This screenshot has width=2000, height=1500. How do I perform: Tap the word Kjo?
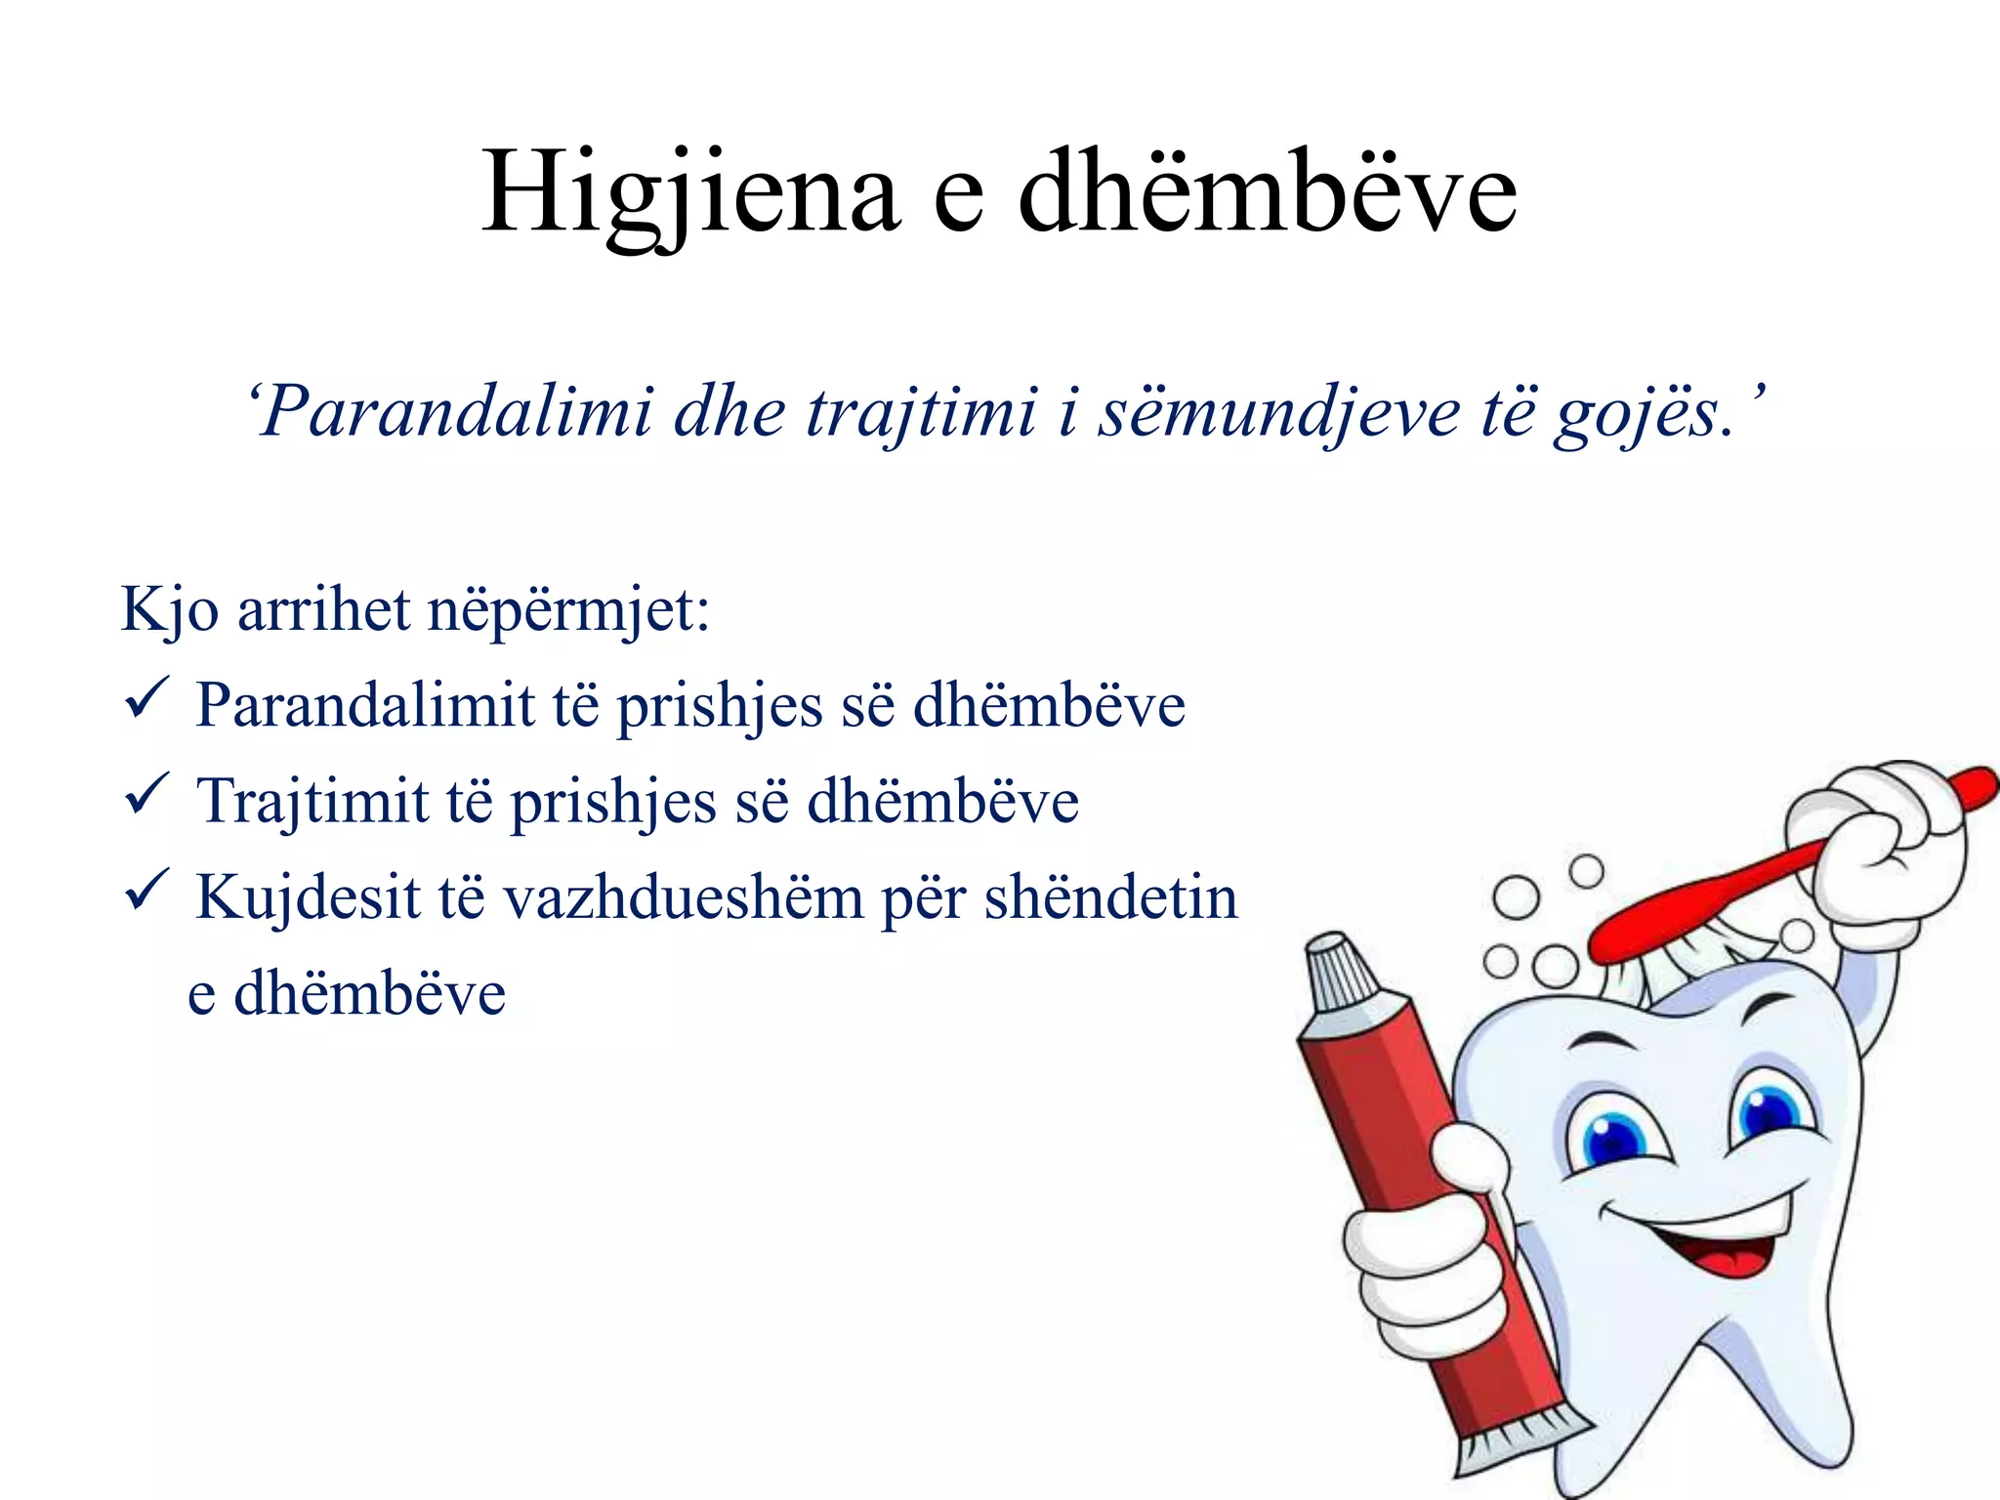coord(168,610)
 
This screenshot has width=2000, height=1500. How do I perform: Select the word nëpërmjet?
coord(568,610)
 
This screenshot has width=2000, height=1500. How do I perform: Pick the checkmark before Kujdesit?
coord(146,891)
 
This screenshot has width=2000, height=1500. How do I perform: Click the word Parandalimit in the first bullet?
coord(365,705)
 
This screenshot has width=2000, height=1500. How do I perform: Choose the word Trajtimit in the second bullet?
coord(312,801)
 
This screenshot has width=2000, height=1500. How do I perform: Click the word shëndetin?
coord(1110,896)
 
